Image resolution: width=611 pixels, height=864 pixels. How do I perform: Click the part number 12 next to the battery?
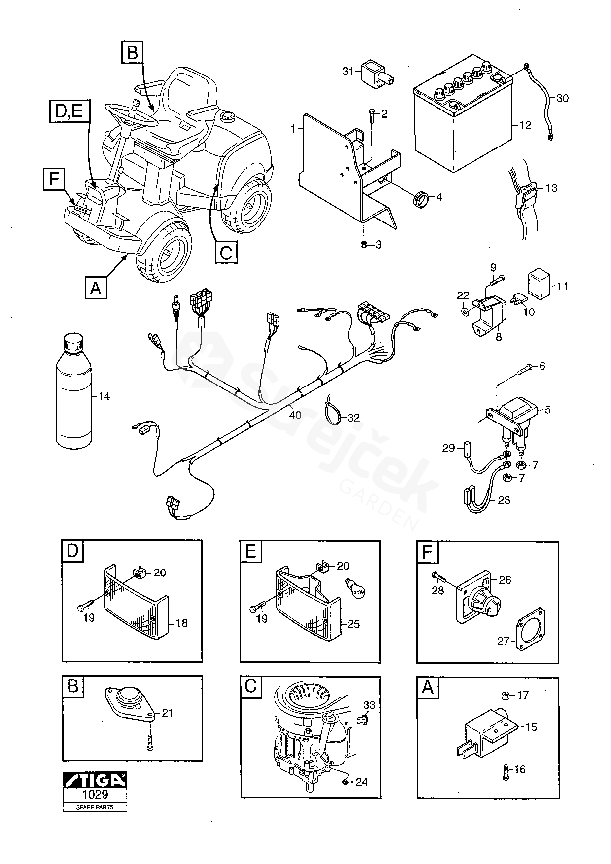coord(525,125)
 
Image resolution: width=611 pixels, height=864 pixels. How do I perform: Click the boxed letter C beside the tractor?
coord(226,252)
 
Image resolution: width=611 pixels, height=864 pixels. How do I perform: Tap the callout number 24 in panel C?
coord(362,782)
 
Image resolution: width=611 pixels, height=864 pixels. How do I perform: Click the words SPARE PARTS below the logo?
coord(95,807)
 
